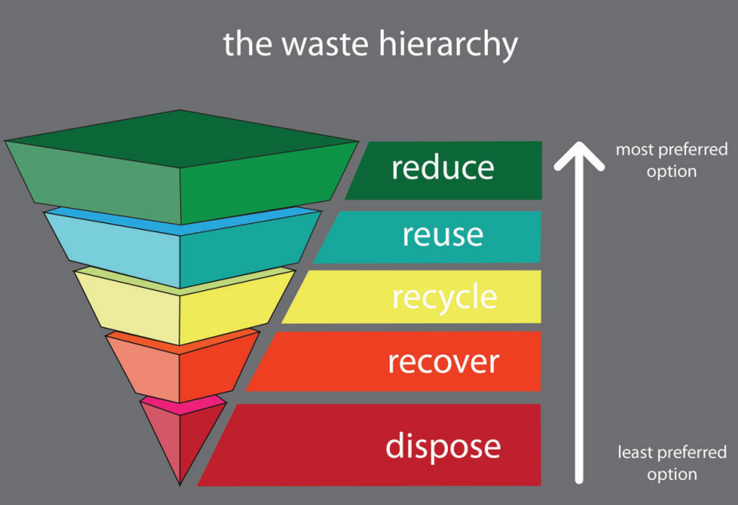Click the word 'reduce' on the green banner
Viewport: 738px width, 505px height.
point(443,169)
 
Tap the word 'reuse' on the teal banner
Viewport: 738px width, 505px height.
point(443,235)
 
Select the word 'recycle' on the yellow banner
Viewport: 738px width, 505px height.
point(444,298)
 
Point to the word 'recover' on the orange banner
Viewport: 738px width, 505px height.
point(443,362)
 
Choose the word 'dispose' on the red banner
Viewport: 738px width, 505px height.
point(443,445)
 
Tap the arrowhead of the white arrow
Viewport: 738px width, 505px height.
point(579,155)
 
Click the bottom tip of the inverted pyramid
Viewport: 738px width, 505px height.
point(180,482)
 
